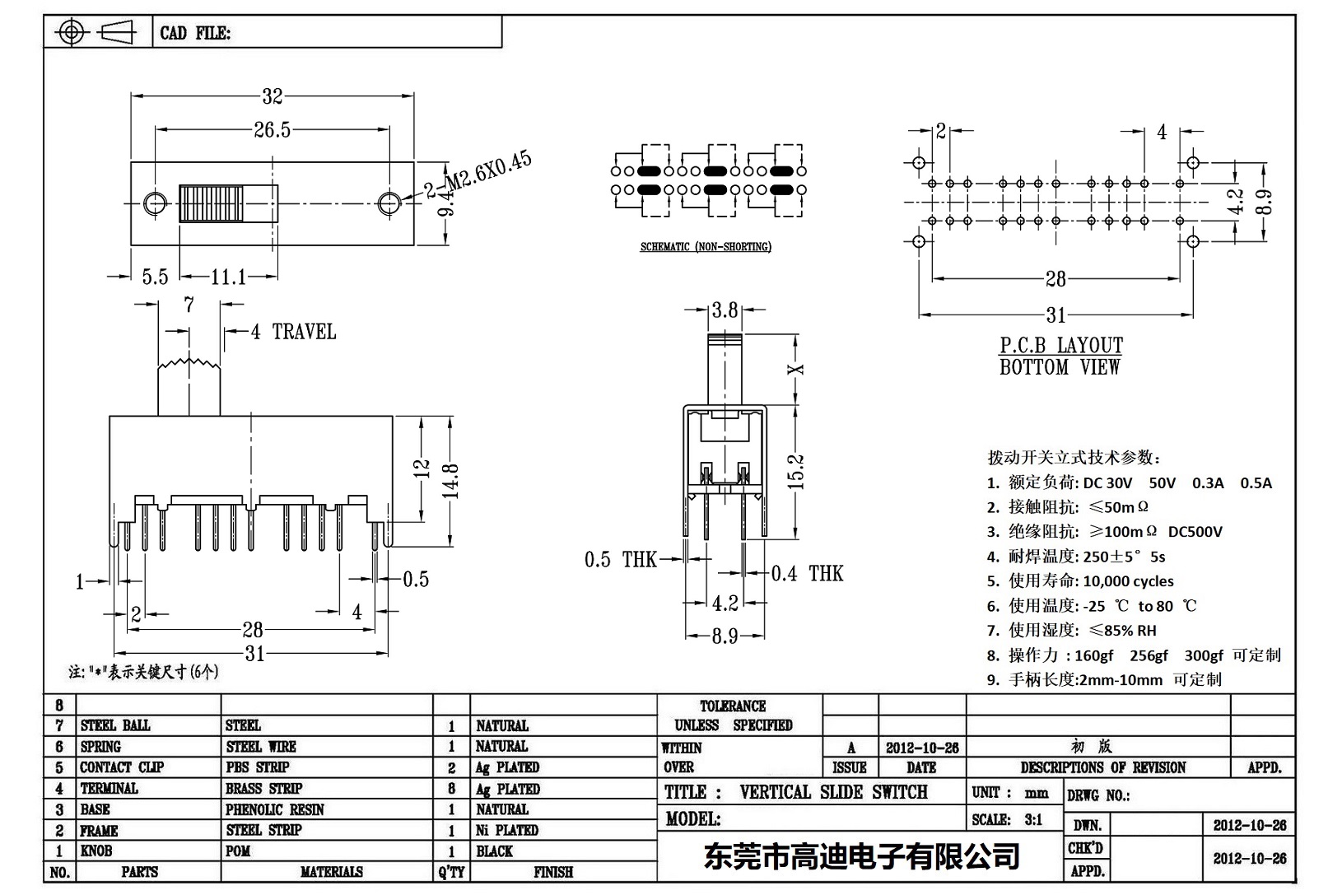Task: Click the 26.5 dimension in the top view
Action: (x=273, y=130)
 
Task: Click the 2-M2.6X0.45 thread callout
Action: (x=478, y=175)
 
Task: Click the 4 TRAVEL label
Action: (x=294, y=332)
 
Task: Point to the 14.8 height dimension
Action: (x=451, y=487)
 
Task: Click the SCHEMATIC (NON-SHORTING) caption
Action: (x=706, y=247)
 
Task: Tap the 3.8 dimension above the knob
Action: (x=725, y=310)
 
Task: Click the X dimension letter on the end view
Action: (x=796, y=369)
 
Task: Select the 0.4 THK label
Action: (x=807, y=574)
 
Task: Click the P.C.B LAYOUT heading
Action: (x=1060, y=345)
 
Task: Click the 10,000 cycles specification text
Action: (x=1128, y=581)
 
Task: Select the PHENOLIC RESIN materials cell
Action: (x=275, y=809)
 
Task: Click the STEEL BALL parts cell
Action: (x=115, y=725)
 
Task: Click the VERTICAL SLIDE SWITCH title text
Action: (x=833, y=792)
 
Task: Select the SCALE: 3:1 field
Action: (x=1006, y=819)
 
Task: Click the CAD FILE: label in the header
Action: (x=195, y=33)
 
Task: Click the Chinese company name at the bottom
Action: (x=861, y=856)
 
